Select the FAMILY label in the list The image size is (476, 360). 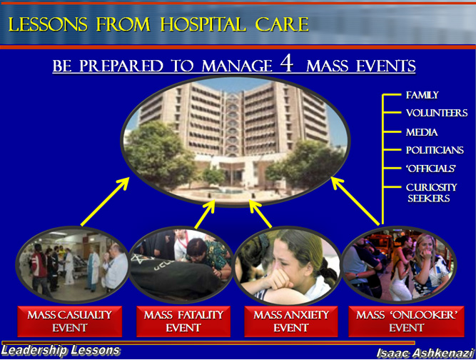[x=422, y=95]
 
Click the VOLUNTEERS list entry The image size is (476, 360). [x=437, y=113]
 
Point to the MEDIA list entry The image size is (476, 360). [x=422, y=132]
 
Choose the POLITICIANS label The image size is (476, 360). [x=435, y=150]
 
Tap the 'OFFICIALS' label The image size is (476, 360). [x=431, y=169]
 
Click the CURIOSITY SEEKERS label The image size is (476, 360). [x=431, y=193]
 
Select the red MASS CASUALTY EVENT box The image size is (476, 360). [x=69, y=321]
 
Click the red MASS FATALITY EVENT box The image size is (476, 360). [x=183, y=321]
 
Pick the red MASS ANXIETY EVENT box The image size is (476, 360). [x=291, y=321]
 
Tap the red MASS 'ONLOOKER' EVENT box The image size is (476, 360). [x=406, y=321]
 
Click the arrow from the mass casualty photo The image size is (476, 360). [x=105, y=201]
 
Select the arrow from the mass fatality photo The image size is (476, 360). [x=205, y=214]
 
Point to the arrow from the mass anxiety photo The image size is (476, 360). [x=260, y=214]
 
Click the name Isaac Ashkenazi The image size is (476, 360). [x=425, y=353]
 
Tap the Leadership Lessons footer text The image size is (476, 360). [x=61, y=350]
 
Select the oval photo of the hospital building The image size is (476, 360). [x=236, y=140]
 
